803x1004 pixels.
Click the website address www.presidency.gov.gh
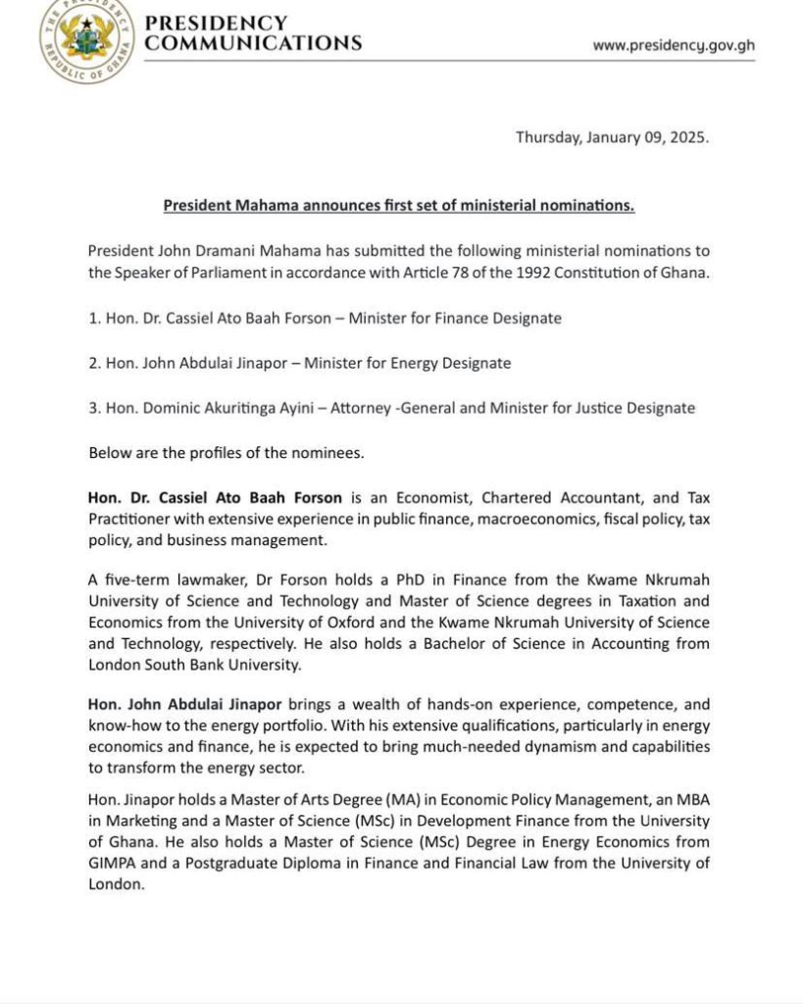coord(674,45)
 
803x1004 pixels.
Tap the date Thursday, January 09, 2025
coord(612,137)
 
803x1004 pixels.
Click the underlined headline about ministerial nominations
coord(399,205)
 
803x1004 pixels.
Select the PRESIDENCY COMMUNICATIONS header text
coord(253,32)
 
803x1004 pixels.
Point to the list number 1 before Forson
coord(93,319)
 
